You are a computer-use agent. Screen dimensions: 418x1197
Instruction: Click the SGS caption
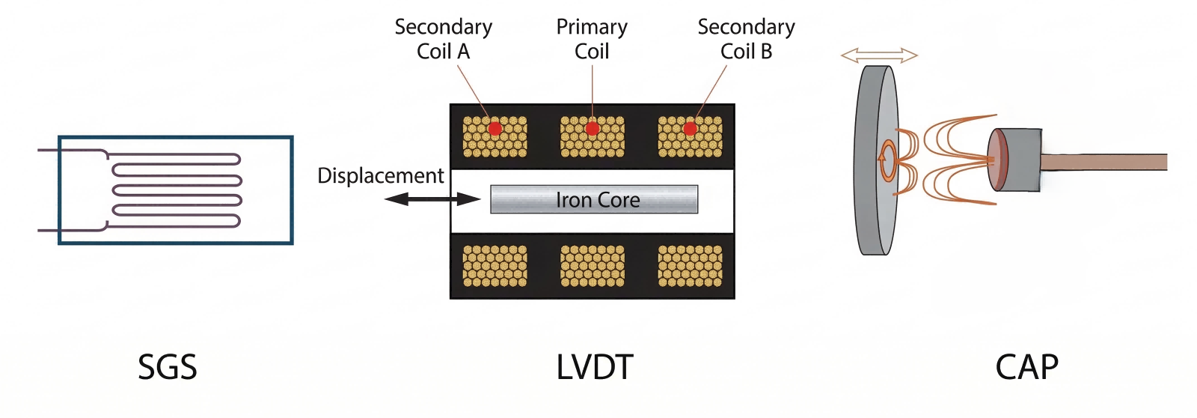tap(168, 367)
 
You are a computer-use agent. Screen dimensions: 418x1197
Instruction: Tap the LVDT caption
tap(595, 367)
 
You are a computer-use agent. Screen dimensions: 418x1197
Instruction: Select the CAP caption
tap(1026, 367)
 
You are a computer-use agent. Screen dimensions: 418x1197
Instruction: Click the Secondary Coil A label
tap(443, 39)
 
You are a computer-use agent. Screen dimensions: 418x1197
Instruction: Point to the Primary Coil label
tap(592, 39)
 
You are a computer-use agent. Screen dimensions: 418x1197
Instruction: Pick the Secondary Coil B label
tap(746, 39)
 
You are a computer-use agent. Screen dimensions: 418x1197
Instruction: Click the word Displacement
tap(380, 175)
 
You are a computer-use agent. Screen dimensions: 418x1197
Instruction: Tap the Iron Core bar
tap(594, 200)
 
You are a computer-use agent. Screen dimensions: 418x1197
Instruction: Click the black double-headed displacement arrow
tap(432, 199)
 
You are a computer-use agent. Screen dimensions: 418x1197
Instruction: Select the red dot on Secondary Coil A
tap(495, 129)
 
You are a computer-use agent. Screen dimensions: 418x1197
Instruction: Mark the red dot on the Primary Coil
tap(593, 129)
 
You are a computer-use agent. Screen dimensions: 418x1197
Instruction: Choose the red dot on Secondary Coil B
tap(690, 129)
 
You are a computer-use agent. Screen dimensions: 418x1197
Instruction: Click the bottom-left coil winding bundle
tap(495, 267)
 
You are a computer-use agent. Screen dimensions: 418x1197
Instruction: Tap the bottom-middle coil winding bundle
tap(593, 267)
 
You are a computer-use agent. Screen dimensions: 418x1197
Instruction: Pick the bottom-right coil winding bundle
tap(690, 267)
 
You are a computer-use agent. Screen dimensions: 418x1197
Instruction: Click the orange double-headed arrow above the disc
tap(879, 55)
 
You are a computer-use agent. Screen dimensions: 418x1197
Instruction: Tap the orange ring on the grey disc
tap(887, 160)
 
